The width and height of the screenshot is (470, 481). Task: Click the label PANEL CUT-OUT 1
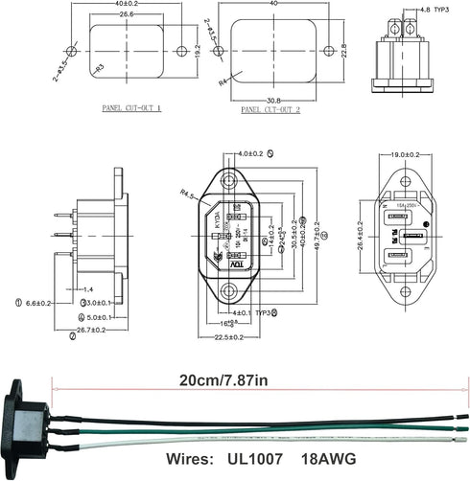tap(131, 109)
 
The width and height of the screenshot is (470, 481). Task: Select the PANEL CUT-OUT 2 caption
tap(272, 109)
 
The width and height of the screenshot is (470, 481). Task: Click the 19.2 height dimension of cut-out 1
tap(198, 49)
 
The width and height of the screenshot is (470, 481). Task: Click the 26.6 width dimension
tap(128, 15)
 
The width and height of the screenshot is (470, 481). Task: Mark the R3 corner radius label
tap(99, 69)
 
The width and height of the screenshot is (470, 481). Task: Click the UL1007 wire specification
tap(256, 459)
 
